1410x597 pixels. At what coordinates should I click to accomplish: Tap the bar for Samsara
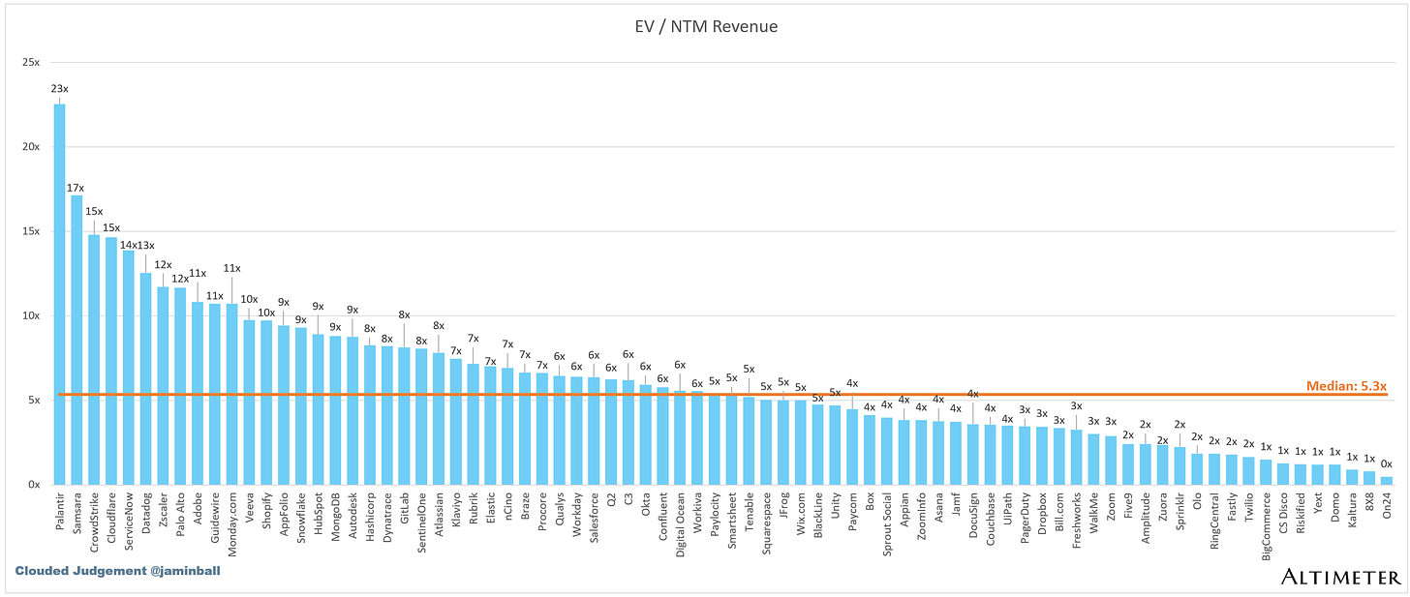pos(77,340)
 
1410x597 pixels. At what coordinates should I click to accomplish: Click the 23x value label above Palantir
pos(59,89)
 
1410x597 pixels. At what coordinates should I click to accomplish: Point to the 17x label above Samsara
pos(77,187)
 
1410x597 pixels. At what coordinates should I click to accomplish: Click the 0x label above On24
pos(1387,463)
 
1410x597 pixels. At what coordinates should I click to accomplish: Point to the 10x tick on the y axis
pos(32,315)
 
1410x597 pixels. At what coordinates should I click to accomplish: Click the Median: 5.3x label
pos(1345,385)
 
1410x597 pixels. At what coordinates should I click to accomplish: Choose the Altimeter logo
pos(1340,578)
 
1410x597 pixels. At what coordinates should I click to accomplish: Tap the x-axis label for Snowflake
pos(301,518)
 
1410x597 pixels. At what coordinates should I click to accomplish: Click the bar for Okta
pos(646,434)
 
